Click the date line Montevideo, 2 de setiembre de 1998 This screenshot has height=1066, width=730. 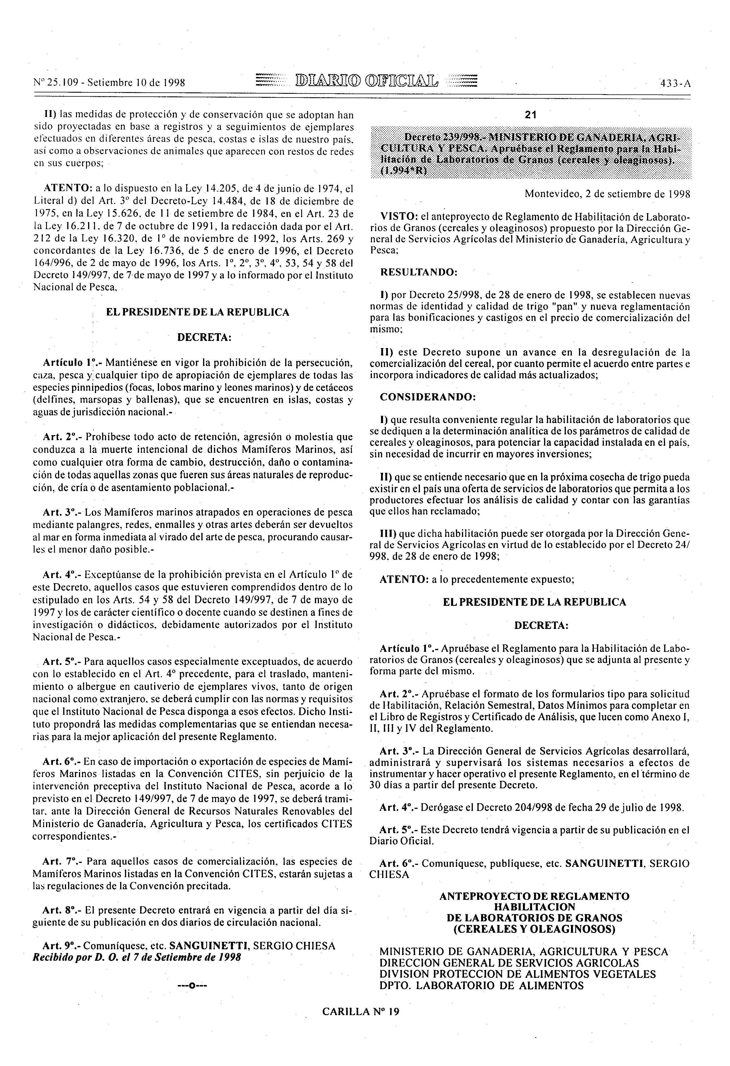pyautogui.click(x=608, y=194)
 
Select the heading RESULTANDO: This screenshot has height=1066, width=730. pyautogui.click(x=418, y=272)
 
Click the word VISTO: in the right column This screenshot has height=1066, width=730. pyautogui.click(x=398, y=216)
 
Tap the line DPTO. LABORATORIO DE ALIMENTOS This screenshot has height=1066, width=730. pyautogui.click(x=481, y=986)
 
